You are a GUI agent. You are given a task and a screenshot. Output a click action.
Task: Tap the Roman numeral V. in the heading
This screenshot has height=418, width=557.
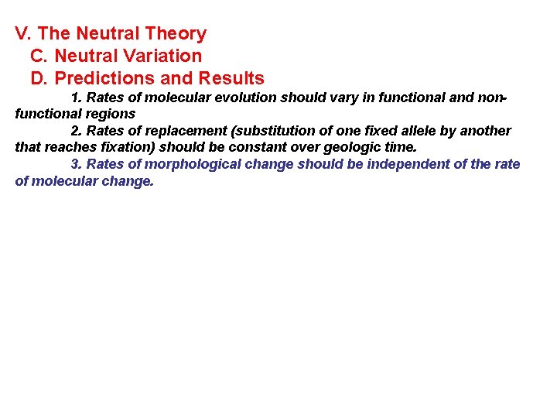click(x=23, y=34)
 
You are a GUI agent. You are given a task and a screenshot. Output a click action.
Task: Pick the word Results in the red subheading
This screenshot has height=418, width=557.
click(x=231, y=79)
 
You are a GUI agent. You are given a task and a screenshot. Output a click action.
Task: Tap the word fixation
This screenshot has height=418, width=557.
click(x=127, y=146)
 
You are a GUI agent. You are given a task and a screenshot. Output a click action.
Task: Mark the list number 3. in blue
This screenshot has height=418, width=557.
click(x=77, y=164)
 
